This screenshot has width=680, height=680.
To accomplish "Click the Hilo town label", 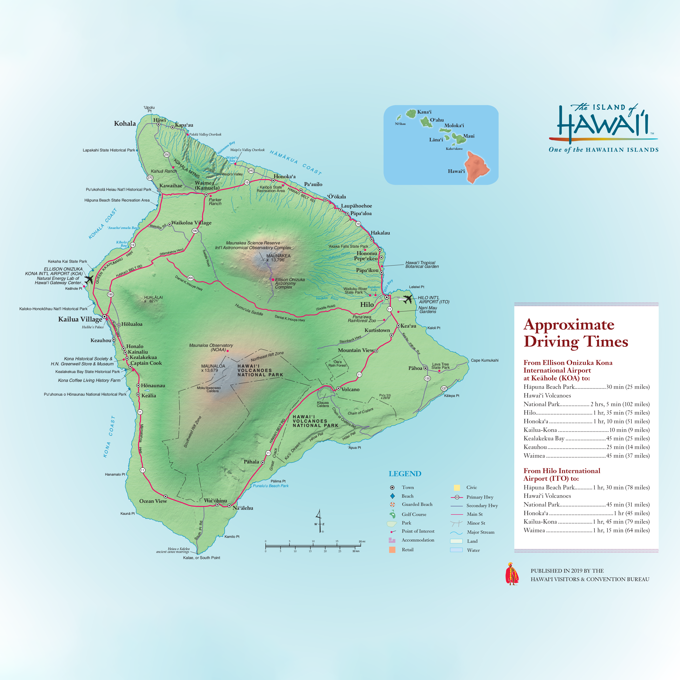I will pyautogui.click(x=367, y=305).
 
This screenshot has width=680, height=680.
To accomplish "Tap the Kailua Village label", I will pyautogui.click(x=80, y=319).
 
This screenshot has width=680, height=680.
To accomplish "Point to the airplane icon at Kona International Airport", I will pyautogui.click(x=89, y=279).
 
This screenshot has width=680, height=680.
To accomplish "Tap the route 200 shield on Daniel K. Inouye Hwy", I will pyautogui.click(x=190, y=278).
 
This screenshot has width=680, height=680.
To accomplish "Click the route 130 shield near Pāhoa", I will pyautogui.click(x=427, y=378).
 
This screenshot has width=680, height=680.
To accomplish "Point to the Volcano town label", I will pyautogui.click(x=350, y=389).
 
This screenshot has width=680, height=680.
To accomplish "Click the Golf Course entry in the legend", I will pyautogui.click(x=414, y=514).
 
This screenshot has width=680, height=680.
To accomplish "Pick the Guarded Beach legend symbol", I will pyautogui.click(x=393, y=504).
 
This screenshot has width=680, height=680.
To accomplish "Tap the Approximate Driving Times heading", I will pyautogui.click(x=576, y=333).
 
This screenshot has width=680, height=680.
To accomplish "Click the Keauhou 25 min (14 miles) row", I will pyautogui.click(x=586, y=447).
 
